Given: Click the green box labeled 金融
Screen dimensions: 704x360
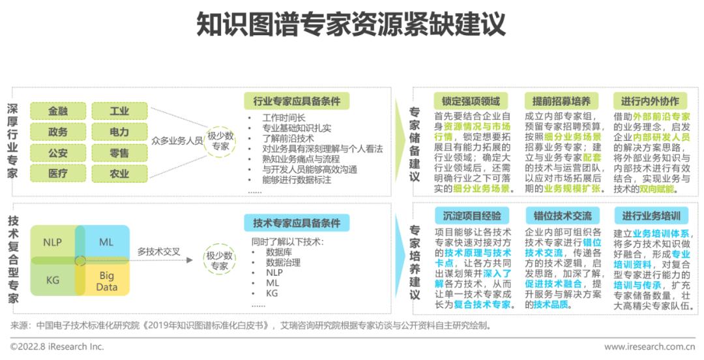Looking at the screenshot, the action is click(57, 111).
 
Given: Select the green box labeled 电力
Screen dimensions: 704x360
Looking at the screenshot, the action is click(119, 132).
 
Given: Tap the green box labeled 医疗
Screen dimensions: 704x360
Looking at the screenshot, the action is click(57, 173).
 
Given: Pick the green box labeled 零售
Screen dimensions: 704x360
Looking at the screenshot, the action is click(119, 153).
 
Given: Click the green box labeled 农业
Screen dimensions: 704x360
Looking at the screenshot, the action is click(119, 173).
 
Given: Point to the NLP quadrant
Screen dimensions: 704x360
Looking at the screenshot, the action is click(53, 242).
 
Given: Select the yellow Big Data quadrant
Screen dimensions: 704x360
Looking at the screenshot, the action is click(107, 281).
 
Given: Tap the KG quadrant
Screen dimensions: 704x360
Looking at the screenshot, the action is click(53, 280).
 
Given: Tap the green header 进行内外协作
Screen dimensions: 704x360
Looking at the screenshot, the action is click(650, 101).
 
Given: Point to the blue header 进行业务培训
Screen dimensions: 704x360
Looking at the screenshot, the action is click(651, 216).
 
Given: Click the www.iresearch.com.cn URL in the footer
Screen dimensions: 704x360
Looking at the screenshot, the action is click(649, 347).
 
